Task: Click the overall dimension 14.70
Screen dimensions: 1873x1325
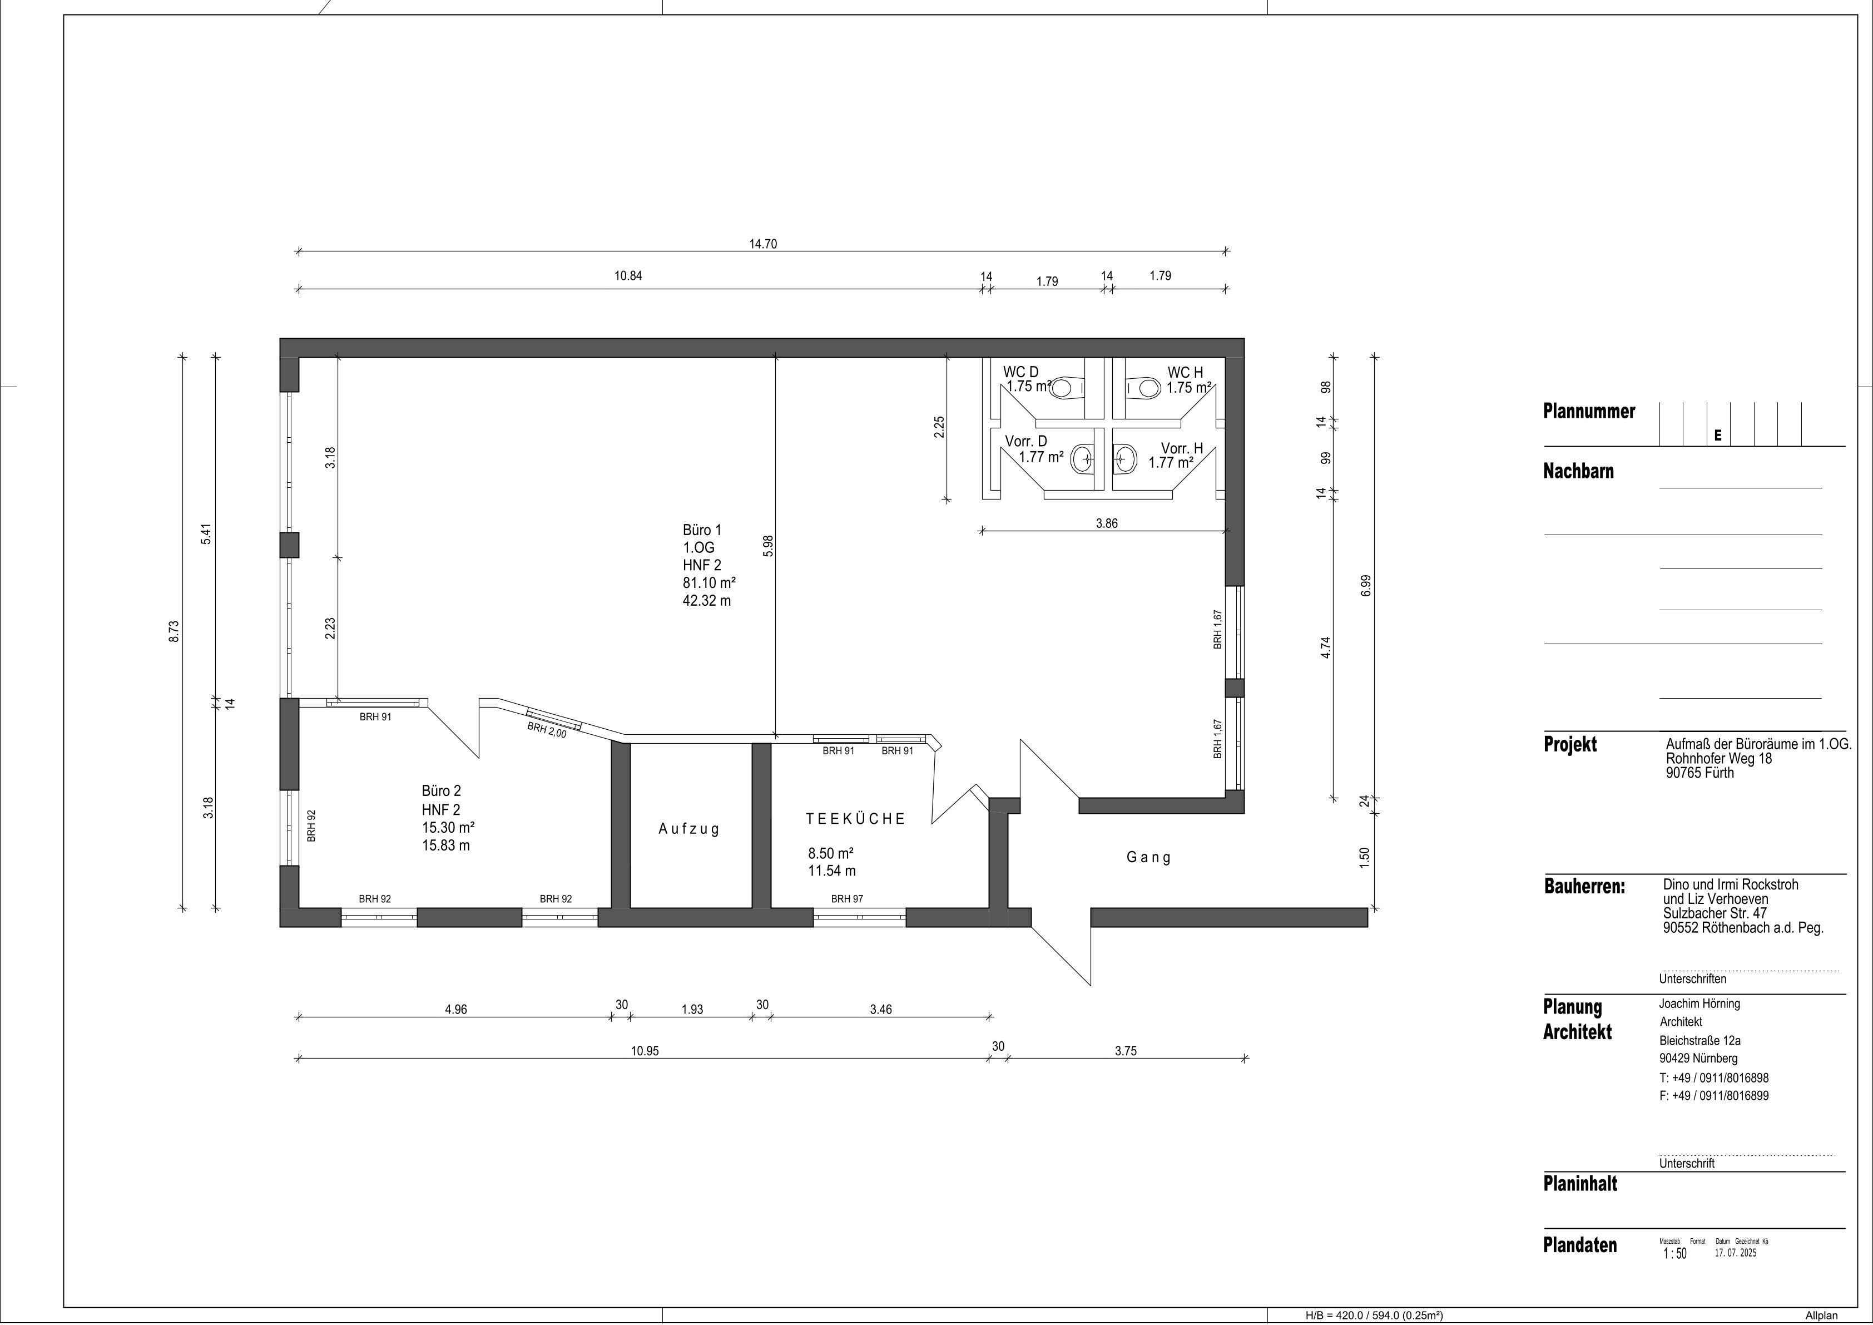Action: [763, 244]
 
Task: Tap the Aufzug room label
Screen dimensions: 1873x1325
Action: [690, 829]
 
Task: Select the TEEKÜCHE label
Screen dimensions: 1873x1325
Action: [856, 818]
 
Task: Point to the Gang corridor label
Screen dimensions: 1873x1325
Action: [1148, 858]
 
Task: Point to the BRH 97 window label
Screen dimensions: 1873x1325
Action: [847, 899]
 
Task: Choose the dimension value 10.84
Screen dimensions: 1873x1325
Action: [628, 276]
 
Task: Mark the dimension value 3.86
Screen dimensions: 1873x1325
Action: [1107, 524]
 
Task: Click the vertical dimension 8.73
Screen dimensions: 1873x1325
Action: [174, 632]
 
